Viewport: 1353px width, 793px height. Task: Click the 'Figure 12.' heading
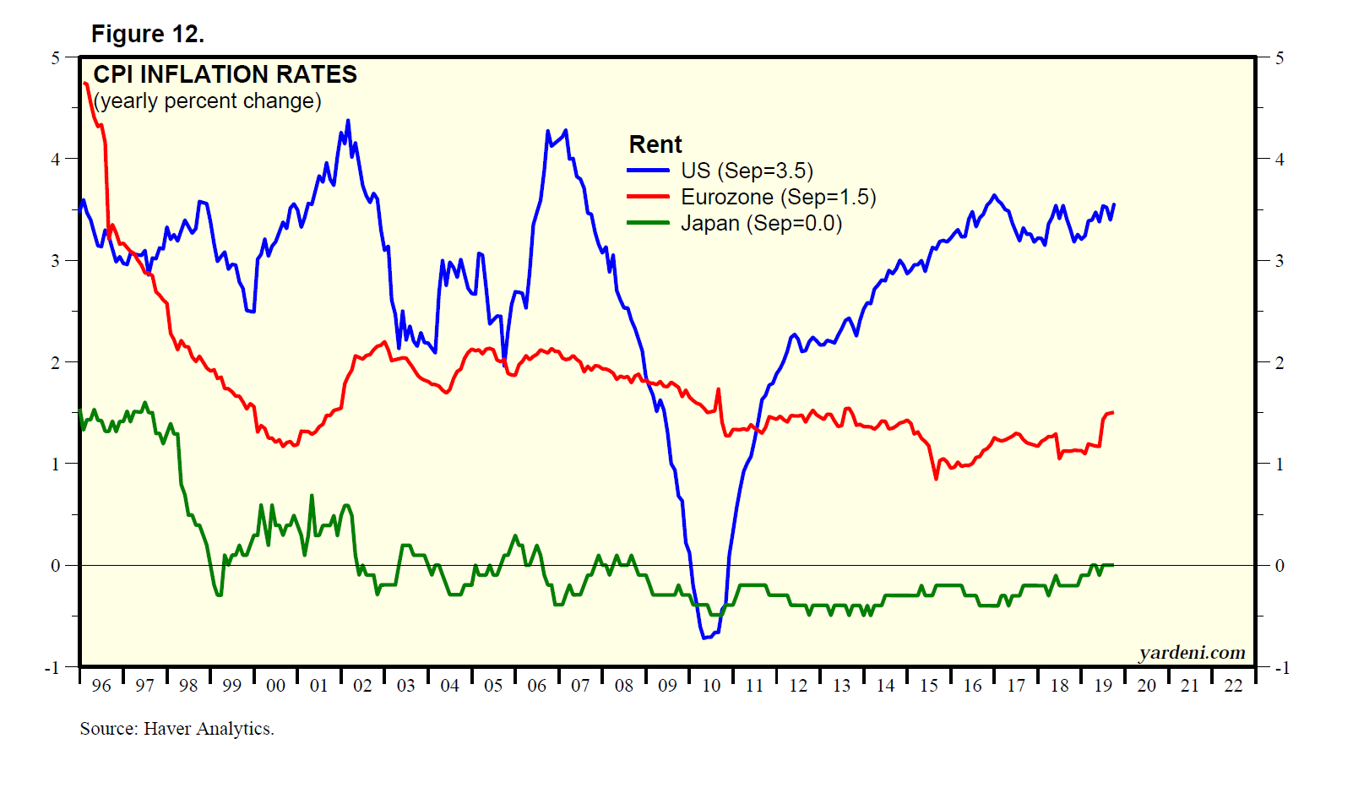tap(148, 34)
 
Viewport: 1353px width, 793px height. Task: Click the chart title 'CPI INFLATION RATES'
tap(225, 74)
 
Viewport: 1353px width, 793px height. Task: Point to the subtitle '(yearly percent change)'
tap(207, 101)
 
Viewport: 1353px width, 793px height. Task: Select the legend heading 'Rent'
tap(655, 144)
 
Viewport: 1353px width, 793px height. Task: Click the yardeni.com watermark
tap(1192, 653)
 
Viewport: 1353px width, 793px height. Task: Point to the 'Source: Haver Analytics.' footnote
tap(177, 729)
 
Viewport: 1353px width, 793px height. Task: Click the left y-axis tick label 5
tap(56, 57)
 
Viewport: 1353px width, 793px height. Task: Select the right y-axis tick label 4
tap(1280, 159)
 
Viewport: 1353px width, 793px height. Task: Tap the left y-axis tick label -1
tap(52, 668)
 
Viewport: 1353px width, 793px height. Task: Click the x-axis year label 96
tap(101, 686)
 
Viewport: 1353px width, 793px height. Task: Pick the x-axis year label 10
tap(711, 686)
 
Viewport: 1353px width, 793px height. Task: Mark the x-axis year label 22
tap(1234, 686)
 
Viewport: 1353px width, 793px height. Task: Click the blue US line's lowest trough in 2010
tap(705, 638)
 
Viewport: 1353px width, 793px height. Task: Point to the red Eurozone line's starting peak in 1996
tap(86, 83)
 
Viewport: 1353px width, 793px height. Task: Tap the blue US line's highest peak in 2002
tap(348, 121)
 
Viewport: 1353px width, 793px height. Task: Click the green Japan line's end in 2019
tap(1113, 564)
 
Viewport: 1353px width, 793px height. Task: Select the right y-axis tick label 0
tap(1280, 566)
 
